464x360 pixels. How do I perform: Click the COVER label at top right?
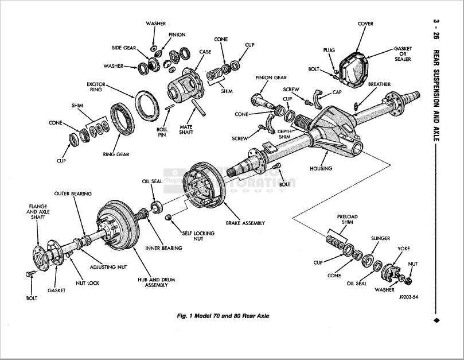[365, 24]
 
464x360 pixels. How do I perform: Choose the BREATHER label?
[379, 84]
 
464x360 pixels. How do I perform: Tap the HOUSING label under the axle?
[321, 169]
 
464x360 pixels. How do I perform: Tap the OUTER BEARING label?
[73, 193]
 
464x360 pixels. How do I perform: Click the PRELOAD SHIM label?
[347, 219]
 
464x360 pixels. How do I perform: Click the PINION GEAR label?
[267, 76]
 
